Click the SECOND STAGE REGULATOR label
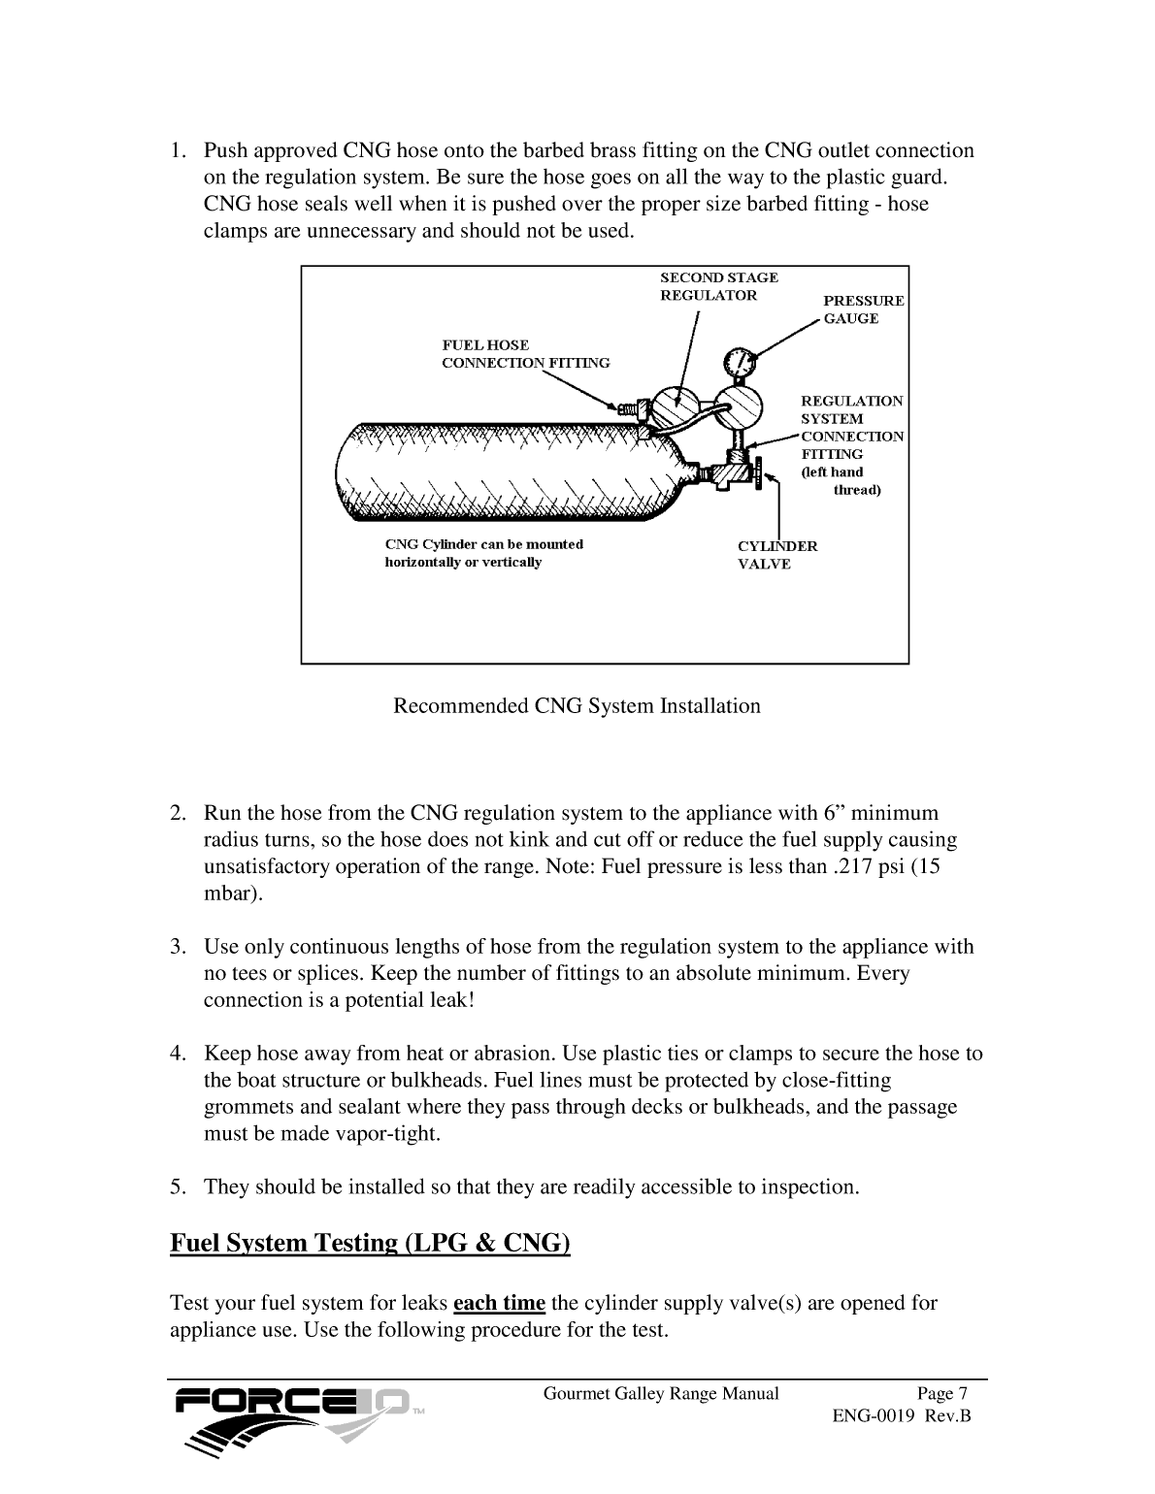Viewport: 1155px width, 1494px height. pos(718,286)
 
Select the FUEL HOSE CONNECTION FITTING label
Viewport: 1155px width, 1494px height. pos(525,354)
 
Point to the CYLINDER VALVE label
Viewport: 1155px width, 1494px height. pos(776,555)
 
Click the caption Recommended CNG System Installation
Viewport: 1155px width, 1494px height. pos(577,706)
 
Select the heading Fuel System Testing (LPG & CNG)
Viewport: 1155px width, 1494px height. pos(370,1243)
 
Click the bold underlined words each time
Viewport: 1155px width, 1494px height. pos(499,1303)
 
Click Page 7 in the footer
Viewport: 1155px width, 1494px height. pos(936,1394)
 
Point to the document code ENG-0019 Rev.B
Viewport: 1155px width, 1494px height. pos(902,1416)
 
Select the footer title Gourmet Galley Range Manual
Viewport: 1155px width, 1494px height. pos(661,1394)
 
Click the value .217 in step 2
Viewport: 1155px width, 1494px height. pos(852,866)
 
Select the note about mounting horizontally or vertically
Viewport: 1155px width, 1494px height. pos(483,553)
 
